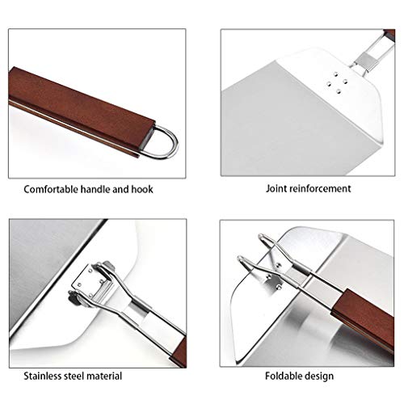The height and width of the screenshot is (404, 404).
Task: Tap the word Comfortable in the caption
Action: [51, 189]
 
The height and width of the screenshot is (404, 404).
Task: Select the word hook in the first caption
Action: [142, 189]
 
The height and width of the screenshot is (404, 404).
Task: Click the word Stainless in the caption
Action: [43, 376]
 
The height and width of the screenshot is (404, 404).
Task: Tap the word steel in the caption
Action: [76, 376]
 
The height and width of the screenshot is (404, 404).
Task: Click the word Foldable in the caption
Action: [284, 376]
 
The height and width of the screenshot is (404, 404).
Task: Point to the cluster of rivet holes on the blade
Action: [337, 82]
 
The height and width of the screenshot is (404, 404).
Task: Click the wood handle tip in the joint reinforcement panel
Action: [389, 36]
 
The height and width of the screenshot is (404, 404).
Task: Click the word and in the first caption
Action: [120, 189]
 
